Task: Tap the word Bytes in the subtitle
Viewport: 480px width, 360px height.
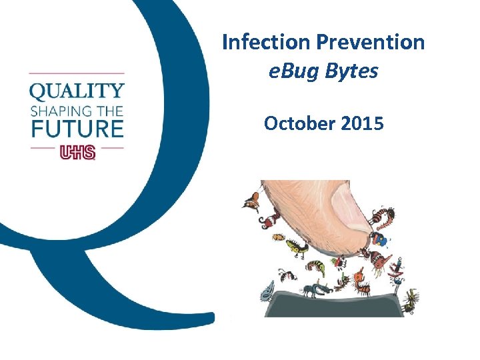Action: click(x=352, y=71)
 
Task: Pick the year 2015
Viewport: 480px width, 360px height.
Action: click(x=361, y=124)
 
